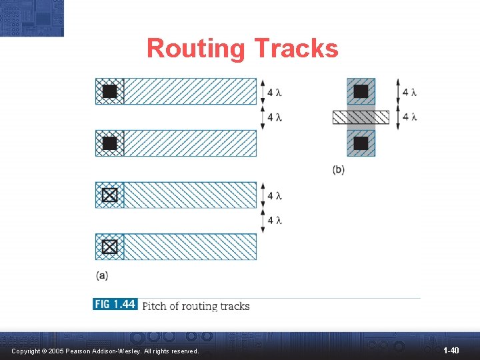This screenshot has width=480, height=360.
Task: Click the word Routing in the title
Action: coord(196,49)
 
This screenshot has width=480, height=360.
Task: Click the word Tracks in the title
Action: coord(296,49)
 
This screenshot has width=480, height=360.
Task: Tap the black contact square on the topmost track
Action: coord(110,91)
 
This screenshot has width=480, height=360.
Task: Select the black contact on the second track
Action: coord(110,143)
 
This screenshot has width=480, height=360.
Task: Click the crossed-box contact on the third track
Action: coord(110,195)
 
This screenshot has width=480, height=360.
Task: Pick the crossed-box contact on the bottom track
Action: coord(110,247)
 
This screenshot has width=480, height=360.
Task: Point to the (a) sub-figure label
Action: coord(102,274)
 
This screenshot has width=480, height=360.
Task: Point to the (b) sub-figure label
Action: coord(339,169)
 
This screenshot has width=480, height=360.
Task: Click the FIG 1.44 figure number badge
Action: coord(115,305)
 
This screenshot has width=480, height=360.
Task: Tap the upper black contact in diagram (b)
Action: coord(361,91)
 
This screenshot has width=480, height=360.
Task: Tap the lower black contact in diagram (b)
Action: coord(361,143)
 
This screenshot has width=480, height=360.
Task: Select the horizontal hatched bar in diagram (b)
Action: coord(361,117)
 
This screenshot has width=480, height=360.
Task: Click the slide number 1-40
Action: coord(451,350)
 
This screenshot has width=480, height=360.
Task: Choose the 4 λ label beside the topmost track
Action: coord(275,92)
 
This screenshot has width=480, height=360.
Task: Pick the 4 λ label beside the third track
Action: coord(275,195)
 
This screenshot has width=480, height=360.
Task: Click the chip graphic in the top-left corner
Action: coord(32,17)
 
